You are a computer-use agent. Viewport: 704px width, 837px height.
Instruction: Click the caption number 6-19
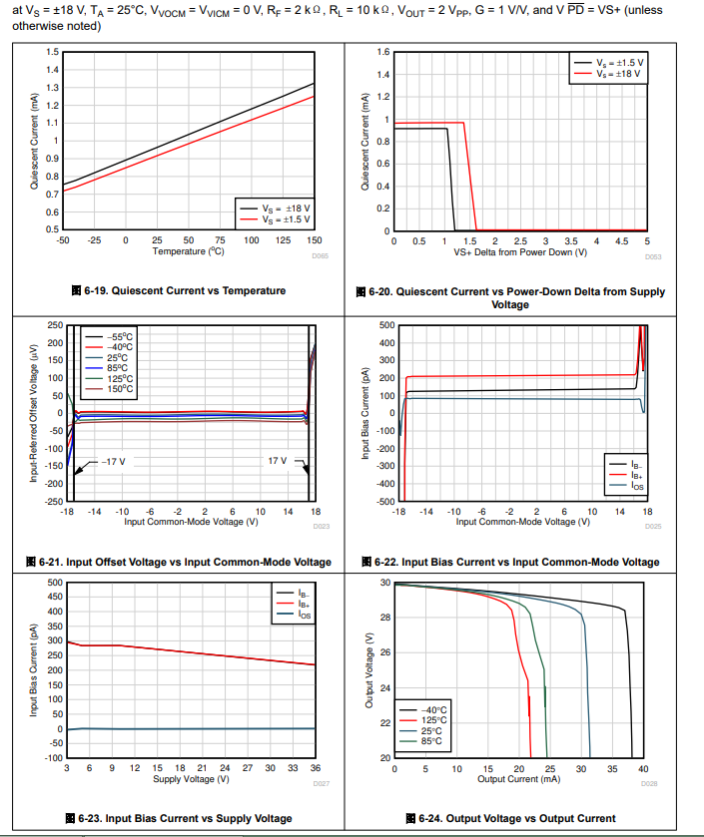(96, 290)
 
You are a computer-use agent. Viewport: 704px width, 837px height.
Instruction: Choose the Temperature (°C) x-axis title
(188, 251)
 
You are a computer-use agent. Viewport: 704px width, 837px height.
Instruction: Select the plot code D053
(653, 257)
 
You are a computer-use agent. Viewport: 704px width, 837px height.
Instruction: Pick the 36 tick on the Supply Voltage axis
(315, 768)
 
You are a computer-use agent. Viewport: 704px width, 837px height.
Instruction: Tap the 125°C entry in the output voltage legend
(431, 719)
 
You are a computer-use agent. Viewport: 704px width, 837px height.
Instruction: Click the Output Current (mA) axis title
(519, 778)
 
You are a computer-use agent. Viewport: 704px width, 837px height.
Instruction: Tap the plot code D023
(321, 526)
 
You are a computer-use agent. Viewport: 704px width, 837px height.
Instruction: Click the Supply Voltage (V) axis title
(188, 778)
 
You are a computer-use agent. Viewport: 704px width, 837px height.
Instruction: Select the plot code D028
(649, 785)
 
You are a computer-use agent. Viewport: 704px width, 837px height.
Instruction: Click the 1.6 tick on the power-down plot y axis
(382, 52)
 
